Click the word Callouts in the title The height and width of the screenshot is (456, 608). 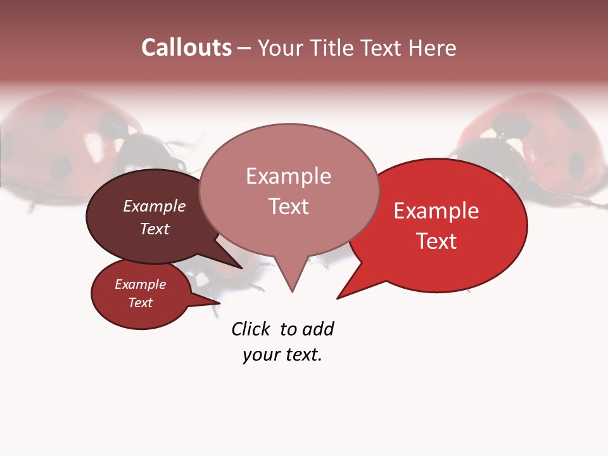(x=186, y=47)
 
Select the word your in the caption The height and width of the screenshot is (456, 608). (x=261, y=355)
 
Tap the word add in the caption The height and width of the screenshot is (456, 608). (x=318, y=329)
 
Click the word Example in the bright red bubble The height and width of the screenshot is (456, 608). (x=436, y=211)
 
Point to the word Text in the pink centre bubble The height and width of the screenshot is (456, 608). (x=289, y=206)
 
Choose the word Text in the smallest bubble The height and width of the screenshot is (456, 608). (x=141, y=303)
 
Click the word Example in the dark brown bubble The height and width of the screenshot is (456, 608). (x=155, y=206)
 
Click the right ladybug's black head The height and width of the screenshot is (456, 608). (x=481, y=152)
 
